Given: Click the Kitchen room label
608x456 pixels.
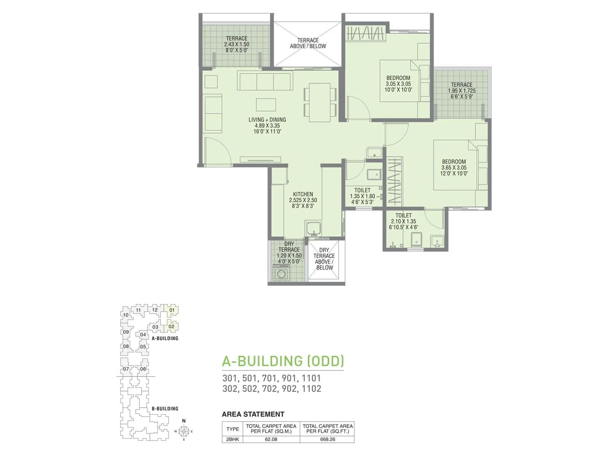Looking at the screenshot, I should pyautogui.click(x=303, y=194).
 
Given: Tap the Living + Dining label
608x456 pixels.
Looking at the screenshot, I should pyautogui.click(x=267, y=120).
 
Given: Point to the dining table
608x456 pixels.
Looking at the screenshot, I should pyautogui.click(x=320, y=102).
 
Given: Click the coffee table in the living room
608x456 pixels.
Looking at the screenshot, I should pyautogui.click(x=266, y=104).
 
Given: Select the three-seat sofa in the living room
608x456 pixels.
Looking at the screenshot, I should pyautogui.click(x=265, y=81).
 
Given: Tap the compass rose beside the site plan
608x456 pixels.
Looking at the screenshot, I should pyautogui.click(x=184, y=431).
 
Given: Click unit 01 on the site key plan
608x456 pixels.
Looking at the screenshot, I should pyautogui.click(x=172, y=310).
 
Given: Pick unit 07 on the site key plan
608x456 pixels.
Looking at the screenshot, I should pyautogui.click(x=126, y=369).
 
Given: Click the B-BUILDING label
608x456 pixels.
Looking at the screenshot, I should pyautogui.click(x=165, y=408).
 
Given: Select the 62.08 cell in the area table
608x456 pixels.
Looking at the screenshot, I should pyautogui.click(x=271, y=439).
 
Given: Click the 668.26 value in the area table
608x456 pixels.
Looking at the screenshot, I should pyautogui.click(x=327, y=439).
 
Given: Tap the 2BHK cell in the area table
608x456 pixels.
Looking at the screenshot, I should pyautogui.click(x=232, y=439).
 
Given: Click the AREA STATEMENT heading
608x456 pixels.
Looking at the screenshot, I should pyautogui.click(x=253, y=414).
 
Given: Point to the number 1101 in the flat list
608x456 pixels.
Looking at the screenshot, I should pyautogui.click(x=311, y=378).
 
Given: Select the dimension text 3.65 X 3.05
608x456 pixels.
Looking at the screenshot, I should pyautogui.click(x=454, y=168).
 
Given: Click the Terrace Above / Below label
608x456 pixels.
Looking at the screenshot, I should pyautogui.click(x=308, y=43).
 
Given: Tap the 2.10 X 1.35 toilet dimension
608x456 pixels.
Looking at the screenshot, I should pyautogui.click(x=404, y=221).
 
